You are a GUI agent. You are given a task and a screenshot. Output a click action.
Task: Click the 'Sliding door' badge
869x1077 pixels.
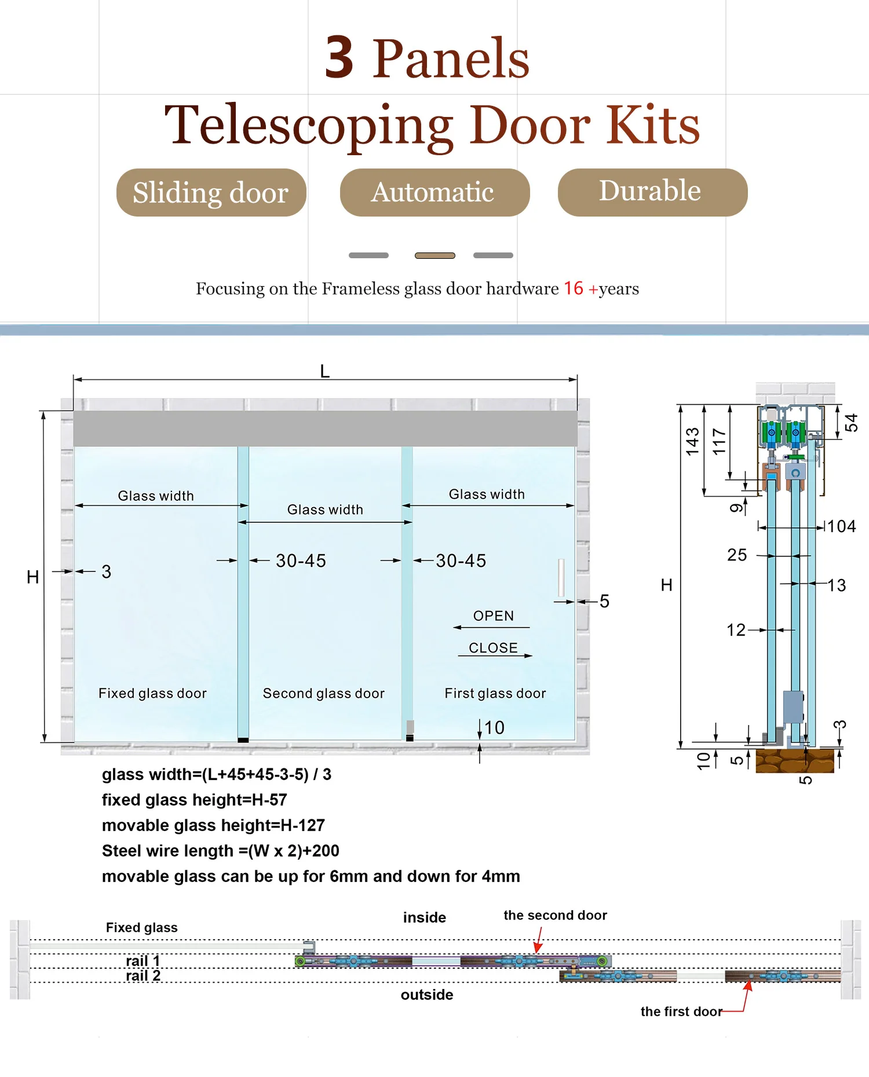click(211, 193)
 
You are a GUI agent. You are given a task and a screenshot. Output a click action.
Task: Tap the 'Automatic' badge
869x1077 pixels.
click(434, 193)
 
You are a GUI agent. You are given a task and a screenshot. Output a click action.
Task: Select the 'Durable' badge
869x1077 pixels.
click(652, 192)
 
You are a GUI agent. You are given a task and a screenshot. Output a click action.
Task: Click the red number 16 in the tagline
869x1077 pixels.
click(574, 288)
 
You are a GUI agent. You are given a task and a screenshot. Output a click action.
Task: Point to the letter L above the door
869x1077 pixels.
click(325, 371)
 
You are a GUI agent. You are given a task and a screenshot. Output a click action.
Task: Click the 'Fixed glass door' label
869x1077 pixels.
click(152, 693)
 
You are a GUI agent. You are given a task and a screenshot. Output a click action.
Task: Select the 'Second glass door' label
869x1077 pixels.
click(323, 693)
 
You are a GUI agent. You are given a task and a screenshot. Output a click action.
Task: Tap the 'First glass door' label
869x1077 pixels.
click(495, 693)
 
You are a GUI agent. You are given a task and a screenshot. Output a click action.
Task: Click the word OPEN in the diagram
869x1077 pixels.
click(493, 616)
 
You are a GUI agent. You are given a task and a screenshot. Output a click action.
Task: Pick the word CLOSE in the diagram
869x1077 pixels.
click(493, 648)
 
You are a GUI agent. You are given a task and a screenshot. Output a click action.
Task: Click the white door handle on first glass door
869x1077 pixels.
click(561, 577)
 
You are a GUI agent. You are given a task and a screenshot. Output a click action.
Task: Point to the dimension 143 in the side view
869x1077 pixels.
click(692, 441)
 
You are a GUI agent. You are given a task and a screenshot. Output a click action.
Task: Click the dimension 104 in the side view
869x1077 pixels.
click(841, 526)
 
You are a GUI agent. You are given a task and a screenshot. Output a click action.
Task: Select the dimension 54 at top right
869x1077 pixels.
click(850, 423)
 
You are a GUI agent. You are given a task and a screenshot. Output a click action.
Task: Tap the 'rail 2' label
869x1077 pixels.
click(143, 976)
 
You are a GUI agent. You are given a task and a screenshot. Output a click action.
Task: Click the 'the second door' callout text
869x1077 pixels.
click(555, 915)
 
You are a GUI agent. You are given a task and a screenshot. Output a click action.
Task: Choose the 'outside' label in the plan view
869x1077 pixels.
click(427, 995)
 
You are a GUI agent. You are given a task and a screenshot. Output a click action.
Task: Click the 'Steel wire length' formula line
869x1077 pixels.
click(221, 851)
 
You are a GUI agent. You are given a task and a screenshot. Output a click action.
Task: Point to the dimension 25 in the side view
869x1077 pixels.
click(737, 555)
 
